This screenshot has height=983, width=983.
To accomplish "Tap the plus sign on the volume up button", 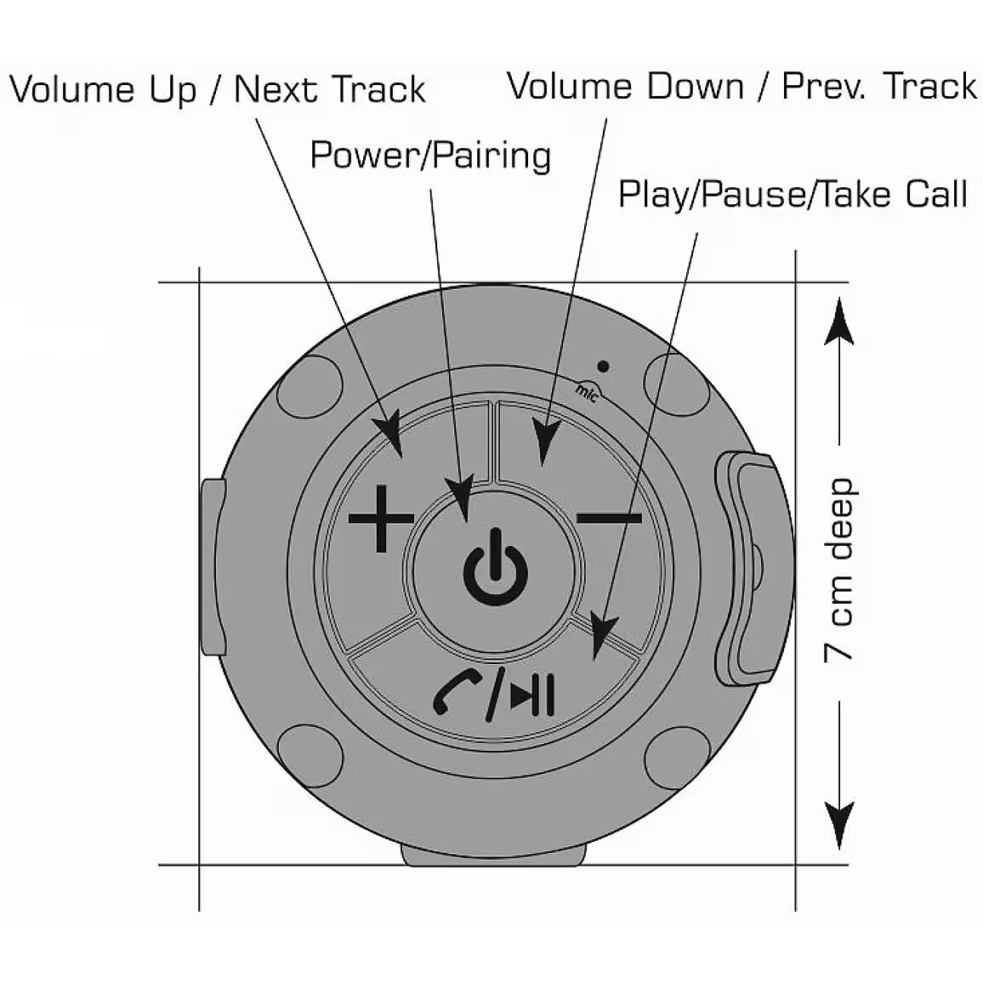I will [x=382, y=518].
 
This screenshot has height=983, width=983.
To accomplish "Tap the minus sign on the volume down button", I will [x=609, y=517].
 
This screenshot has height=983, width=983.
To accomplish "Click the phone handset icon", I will [x=457, y=691].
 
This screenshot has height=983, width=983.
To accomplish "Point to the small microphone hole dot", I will [x=603, y=367].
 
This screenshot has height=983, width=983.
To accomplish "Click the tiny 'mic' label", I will [x=587, y=391].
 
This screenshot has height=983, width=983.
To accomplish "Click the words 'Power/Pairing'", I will [x=430, y=156].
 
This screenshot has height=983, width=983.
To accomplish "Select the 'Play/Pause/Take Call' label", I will [x=793, y=195].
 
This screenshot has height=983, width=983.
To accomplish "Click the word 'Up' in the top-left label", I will [x=173, y=90].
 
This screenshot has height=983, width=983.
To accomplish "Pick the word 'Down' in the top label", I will [x=696, y=87].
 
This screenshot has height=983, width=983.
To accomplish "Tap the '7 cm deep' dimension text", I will [x=839, y=570].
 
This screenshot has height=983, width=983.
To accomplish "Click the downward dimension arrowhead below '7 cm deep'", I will [x=839, y=825].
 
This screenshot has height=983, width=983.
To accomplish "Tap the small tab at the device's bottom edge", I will [x=494, y=854].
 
